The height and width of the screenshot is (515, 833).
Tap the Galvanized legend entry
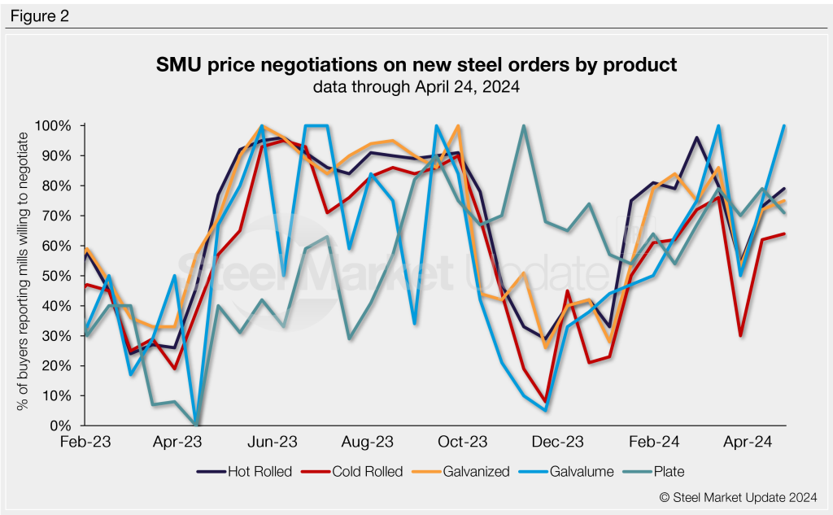pyautogui.click(x=476, y=471)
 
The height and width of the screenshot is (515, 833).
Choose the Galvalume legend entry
pyautogui.click(x=582, y=471)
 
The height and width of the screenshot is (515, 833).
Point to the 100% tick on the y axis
pyautogui.click(x=55, y=126)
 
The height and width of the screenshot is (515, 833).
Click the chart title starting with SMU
pyautogui.click(x=416, y=64)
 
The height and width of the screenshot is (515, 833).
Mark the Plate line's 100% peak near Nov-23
pyautogui.click(x=523, y=127)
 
